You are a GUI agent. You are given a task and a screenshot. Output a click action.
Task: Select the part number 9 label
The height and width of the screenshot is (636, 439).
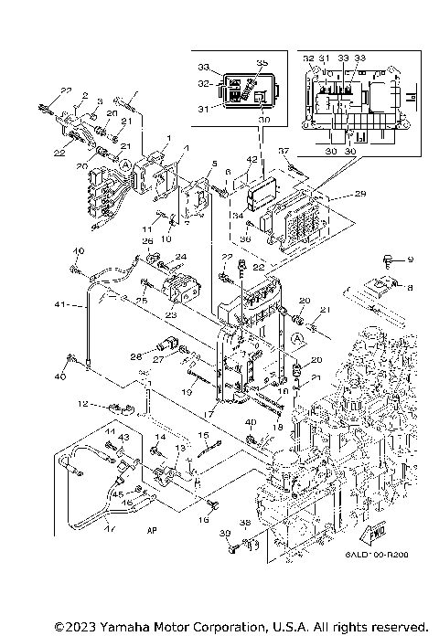coord(410,260)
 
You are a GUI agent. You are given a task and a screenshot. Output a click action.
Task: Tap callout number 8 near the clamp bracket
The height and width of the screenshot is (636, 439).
coord(409,287)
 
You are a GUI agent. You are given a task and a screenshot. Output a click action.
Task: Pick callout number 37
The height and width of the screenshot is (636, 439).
coord(284,150)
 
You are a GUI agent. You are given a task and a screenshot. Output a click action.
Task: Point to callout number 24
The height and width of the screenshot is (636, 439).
coord(180,257)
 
